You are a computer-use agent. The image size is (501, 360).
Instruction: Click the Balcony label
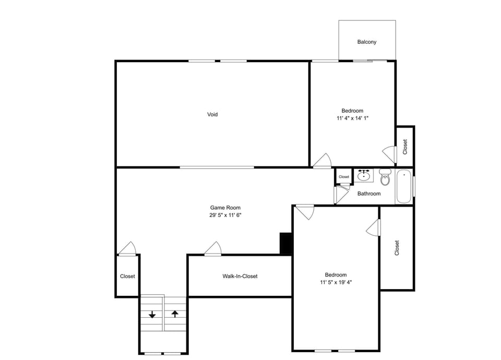coord(366,42)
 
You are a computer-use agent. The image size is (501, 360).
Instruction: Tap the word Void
coord(212,114)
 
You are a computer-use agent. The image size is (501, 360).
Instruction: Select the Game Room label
coord(225,208)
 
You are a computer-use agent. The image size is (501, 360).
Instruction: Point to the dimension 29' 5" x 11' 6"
coord(225,215)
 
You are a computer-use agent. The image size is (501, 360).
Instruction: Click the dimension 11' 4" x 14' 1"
coord(352,118)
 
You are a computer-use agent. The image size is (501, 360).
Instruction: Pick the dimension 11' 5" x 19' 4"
coord(336,283)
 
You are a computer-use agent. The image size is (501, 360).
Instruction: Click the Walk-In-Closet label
coord(240,276)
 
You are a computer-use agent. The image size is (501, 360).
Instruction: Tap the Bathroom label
coord(369,194)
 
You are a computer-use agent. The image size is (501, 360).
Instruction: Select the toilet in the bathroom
coord(385,177)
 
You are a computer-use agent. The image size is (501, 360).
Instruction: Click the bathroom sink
coord(364,176)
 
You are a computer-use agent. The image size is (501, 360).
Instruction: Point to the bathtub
coord(404,187)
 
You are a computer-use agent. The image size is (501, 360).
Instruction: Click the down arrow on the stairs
coord(152,315)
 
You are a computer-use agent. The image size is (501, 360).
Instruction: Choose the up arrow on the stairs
coord(175,314)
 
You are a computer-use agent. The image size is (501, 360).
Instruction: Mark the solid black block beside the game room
coord(286,244)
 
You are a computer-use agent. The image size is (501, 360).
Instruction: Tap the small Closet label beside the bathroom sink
coord(344,177)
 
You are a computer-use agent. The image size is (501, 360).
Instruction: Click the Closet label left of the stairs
coord(127,276)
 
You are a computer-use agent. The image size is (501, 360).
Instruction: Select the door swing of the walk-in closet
coord(213,249)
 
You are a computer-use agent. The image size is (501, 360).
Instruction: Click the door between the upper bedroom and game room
coord(323,161)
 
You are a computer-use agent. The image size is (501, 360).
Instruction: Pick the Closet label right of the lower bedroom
coord(397,248)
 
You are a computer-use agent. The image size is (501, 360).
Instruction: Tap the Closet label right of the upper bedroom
coord(405,147)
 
